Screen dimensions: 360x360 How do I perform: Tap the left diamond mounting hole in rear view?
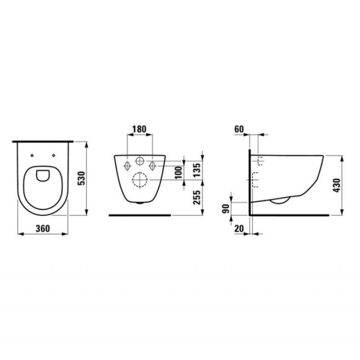[x=127, y=166]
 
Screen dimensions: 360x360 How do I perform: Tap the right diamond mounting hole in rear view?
[x=152, y=166]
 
